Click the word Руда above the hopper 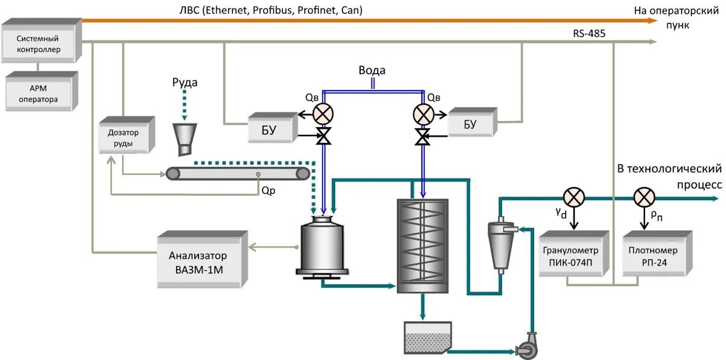[x=185, y=82]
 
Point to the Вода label [x=371, y=70]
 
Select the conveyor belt [x=238, y=174]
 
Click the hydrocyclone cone [x=500, y=248]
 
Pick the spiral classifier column [x=422, y=246]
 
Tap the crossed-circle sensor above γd [x=572, y=197]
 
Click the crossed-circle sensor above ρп [x=644, y=197]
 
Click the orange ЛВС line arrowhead [x=652, y=20]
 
